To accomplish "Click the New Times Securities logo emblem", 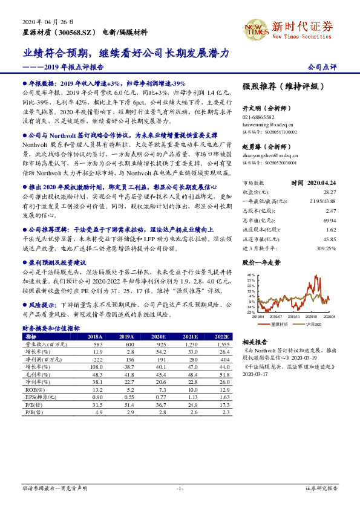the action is pyautogui.click(x=254, y=29).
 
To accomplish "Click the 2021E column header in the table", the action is pyautogui.click(x=191, y=337).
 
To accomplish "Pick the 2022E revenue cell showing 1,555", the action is pyautogui.click(x=222, y=344).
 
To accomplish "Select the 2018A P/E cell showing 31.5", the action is pyautogui.click(x=94, y=406).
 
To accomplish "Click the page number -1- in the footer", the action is pyautogui.click(x=180, y=488).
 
